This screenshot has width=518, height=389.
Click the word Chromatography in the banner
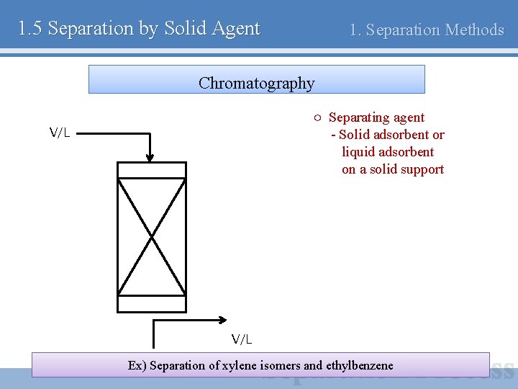(x=256, y=83)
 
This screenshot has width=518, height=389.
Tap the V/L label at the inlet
(x=59, y=133)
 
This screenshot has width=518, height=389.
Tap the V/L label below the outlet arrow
(x=242, y=339)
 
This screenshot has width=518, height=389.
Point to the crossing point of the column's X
(x=151, y=236)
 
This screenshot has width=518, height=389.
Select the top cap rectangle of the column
(x=151, y=170)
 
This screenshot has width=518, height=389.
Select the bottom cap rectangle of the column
(x=151, y=304)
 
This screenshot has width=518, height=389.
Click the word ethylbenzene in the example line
(x=359, y=365)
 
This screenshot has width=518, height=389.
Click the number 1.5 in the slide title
(x=30, y=29)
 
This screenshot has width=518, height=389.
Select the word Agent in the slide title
(x=236, y=29)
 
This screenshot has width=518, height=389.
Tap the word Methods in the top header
(x=474, y=30)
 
